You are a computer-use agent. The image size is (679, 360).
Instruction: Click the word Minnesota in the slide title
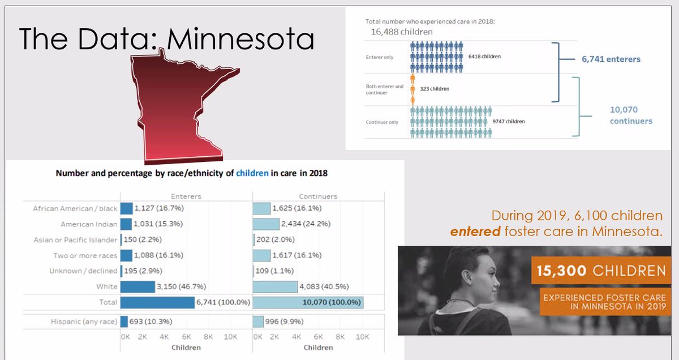click(241, 39)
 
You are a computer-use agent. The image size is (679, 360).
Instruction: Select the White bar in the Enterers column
click(137, 287)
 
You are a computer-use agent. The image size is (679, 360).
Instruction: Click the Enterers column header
click(186, 196)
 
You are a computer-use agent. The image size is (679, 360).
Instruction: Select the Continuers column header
click(318, 196)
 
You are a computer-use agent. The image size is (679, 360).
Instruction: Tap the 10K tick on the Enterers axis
click(230, 337)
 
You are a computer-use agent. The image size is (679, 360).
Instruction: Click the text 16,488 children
click(401, 32)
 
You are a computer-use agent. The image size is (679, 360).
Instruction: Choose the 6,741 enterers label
click(611, 59)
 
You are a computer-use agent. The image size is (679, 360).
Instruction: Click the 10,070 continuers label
click(631, 115)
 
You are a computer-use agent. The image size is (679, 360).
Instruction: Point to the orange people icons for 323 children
click(412, 88)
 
